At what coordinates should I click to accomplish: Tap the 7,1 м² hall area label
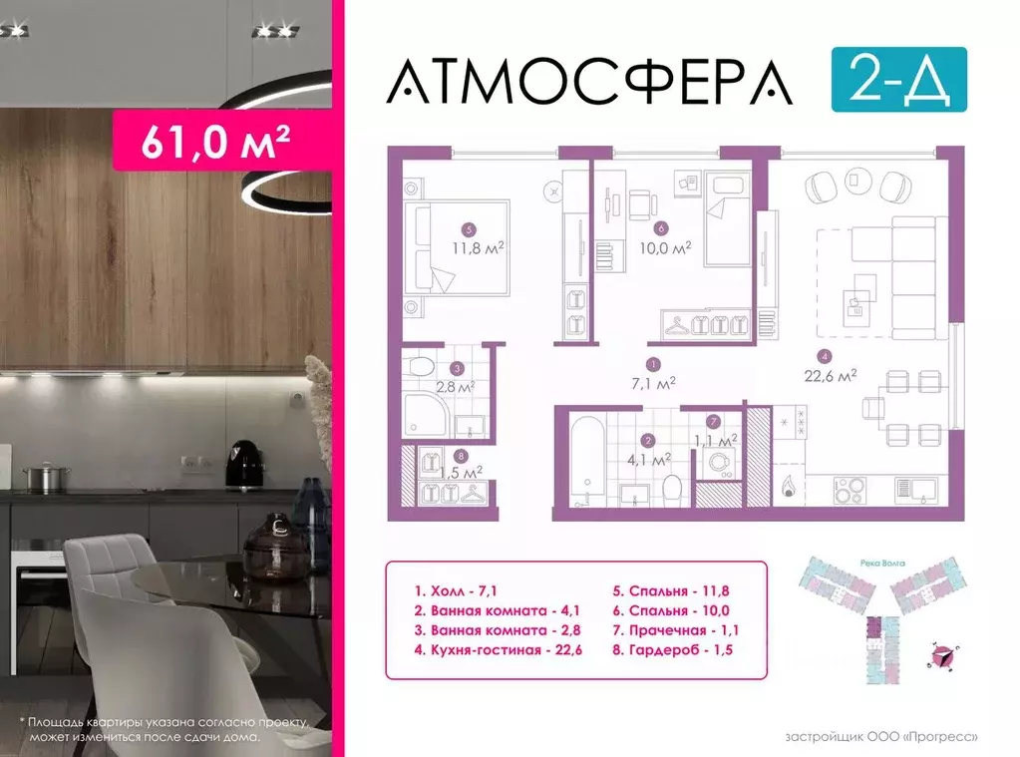653,381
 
